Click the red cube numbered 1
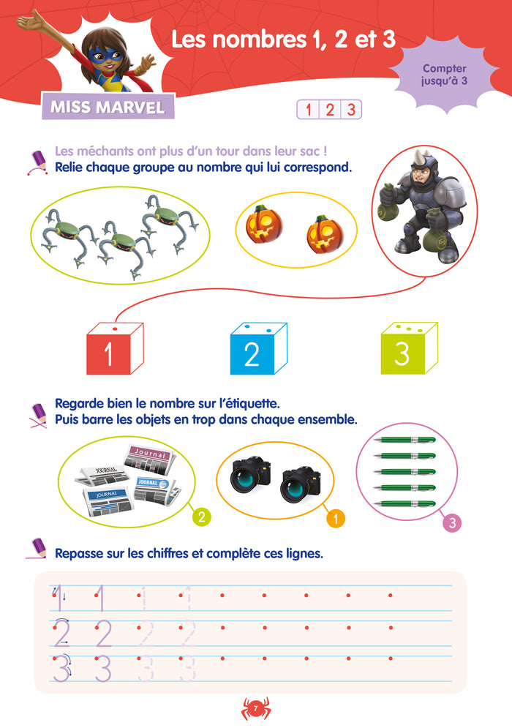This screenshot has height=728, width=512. point(115,349)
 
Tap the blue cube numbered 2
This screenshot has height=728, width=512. point(258,349)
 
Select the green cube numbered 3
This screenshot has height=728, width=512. point(409,349)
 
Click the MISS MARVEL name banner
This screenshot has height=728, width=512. point(108,107)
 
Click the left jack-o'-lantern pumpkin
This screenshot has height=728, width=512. point(263,224)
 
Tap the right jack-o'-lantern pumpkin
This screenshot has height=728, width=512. point(324,233)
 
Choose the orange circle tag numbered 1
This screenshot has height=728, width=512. point(336,518)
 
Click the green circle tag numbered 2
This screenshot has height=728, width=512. point(201,517)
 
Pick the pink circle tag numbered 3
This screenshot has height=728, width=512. point(451,523)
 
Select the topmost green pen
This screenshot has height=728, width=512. point(404,440)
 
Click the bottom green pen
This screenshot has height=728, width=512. point(404,504)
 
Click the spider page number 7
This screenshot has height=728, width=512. point(256,708)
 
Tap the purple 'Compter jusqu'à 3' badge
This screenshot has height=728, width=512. point(444,75)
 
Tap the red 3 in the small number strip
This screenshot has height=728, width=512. point(351,110)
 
